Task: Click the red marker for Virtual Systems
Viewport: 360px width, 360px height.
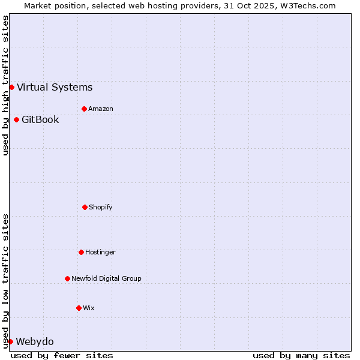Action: click(x=11, y=87)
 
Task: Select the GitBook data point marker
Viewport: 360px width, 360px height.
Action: click(x=16, y=119)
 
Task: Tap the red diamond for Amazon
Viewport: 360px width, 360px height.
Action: click(x=84, y=109)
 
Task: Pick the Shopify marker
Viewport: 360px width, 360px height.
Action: click(x=85, y=207)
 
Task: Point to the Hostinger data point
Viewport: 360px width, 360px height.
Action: click(x=81, y=252)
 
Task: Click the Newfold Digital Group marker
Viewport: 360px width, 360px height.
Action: click(x=67, y=278)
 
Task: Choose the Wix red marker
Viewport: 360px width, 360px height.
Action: click(x=79, y=308)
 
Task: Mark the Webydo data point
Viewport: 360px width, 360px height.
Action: click(x=10, y=341)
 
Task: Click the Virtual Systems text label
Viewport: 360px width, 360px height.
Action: click(x=55, y=87)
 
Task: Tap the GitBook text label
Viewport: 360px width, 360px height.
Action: click(x=40, y=119)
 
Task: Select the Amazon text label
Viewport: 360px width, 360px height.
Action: click(x=101, y=109)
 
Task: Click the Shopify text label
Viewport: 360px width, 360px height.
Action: click(x=101, y=207)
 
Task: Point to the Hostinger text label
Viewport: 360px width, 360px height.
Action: click(x=100, y=252)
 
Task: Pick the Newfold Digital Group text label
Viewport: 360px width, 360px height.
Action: click(x=106, y=278)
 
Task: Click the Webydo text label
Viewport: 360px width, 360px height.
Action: click(x=34, y=341)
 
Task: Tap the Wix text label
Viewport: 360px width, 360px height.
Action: click(x=89, y=308)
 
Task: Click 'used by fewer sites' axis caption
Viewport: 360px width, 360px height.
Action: click(x=62, y=355)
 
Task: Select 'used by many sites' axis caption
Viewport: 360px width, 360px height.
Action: click(x=301, y=355)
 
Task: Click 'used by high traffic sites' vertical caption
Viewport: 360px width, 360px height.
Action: click(x=5, y=85)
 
